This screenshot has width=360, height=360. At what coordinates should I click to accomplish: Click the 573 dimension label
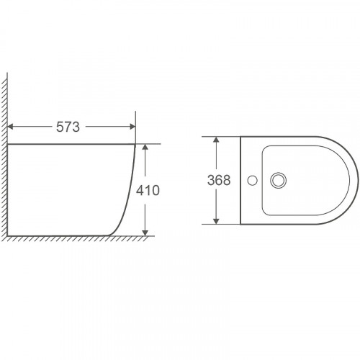tap(68, 127)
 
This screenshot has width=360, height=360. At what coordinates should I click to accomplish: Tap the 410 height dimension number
tap(148, 190)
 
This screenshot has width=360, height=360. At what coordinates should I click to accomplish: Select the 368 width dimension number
tap(219, 180)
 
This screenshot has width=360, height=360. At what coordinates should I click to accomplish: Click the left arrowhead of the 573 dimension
tap(10, 127)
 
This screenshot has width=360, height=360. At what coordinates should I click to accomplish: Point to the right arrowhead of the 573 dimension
tap(132, 127)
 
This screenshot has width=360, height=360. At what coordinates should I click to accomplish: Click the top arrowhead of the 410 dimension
tap(145, 147)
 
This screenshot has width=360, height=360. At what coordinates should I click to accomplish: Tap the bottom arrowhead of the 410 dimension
tap(145, 233)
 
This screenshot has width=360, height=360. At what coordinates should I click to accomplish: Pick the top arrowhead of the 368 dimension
tap(216, 139)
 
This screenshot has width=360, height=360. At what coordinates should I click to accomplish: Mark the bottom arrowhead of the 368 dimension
tap(216, 221)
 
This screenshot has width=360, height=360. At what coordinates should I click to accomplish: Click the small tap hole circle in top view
tap(252, 180)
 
